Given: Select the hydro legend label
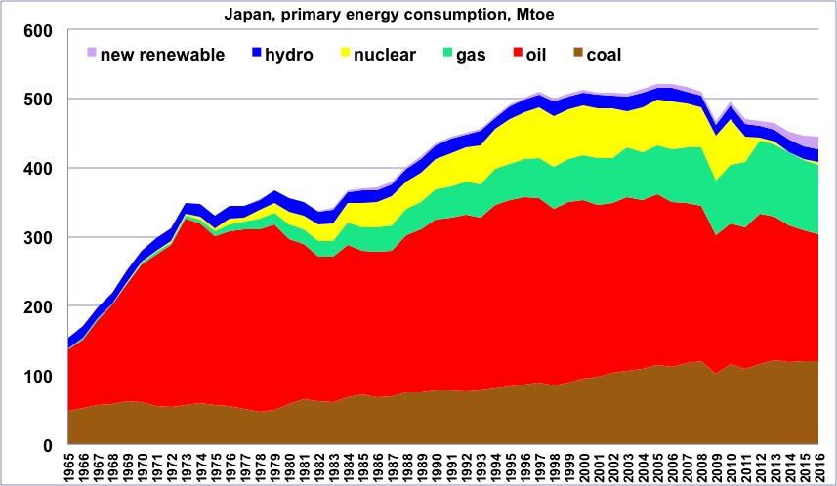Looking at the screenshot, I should point(288,55).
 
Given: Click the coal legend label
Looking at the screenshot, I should point(604,55).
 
